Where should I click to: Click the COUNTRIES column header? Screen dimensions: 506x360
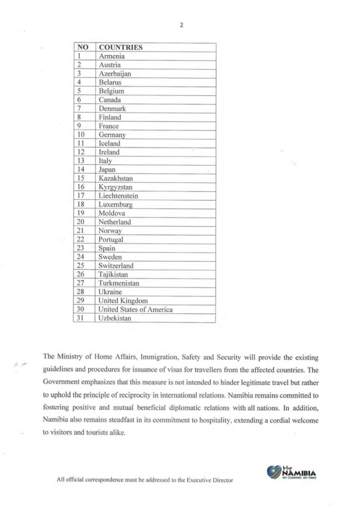tap(121, 47)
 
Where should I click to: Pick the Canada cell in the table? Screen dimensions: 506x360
tap(110, 100)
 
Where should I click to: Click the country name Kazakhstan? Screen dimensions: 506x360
tap(116, 178)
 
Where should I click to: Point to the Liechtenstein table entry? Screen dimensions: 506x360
tap(119, 196)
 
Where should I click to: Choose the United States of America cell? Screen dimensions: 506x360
tap(135, 309)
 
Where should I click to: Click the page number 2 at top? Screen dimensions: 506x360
tap(181, 25)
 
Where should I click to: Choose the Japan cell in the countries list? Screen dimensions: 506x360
tap(107, 169)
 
